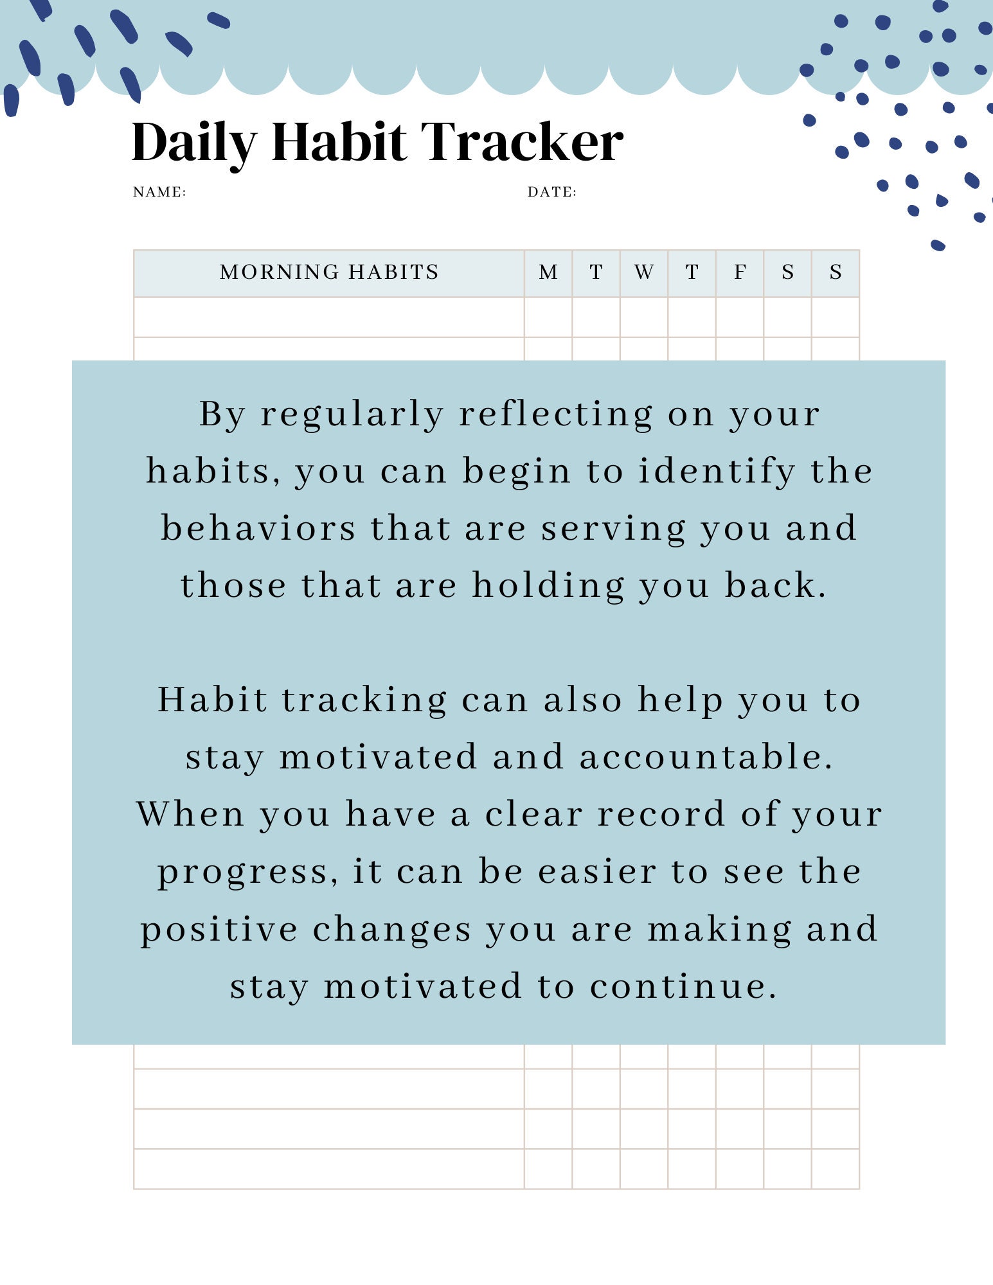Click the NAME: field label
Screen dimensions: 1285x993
[x=159, y=192]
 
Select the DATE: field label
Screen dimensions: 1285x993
[x=551, y=192]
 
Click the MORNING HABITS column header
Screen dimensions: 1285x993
[x=329, y=272]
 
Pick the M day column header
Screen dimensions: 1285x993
[x=548, y=272]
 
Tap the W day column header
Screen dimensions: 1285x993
[x=643, y=272]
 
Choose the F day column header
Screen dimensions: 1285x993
[x=740, y=272]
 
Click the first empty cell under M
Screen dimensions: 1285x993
[x=548, y=317]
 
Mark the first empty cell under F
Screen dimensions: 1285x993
[x=740, y=317]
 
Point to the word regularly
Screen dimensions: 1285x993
[x=352, y=415]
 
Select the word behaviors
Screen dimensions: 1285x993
[x=258, y=529]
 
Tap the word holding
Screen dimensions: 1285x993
[x=548, y=587]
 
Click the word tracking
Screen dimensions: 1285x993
[x=364, y=700]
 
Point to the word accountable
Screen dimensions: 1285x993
[x=706, y=757]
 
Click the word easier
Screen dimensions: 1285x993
[x=597, y=872]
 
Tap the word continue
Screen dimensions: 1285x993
[x=683, y=987]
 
